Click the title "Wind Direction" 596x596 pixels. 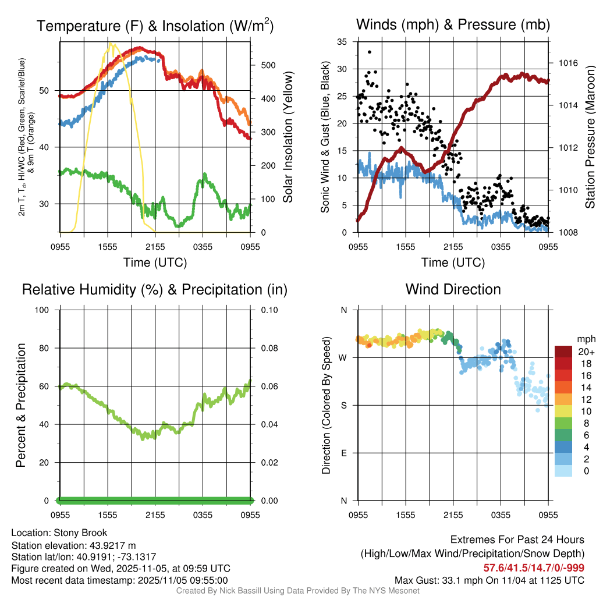click(x=453, y=289)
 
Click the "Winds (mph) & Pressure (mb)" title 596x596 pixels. click(x=453, y=25)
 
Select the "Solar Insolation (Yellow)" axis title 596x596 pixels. click(x=288, y=137)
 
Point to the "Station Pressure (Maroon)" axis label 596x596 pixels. click(x=590, y=137)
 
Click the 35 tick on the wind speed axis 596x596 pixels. click(x=343, y=42)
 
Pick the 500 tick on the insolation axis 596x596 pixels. click(x=268, y=65)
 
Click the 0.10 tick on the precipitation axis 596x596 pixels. click(x=268, y=310)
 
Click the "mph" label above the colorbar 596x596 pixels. click(x=586, y=339)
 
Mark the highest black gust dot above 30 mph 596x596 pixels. click(x=370, y=52)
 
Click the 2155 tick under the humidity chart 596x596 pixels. click(x=155, y=515)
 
